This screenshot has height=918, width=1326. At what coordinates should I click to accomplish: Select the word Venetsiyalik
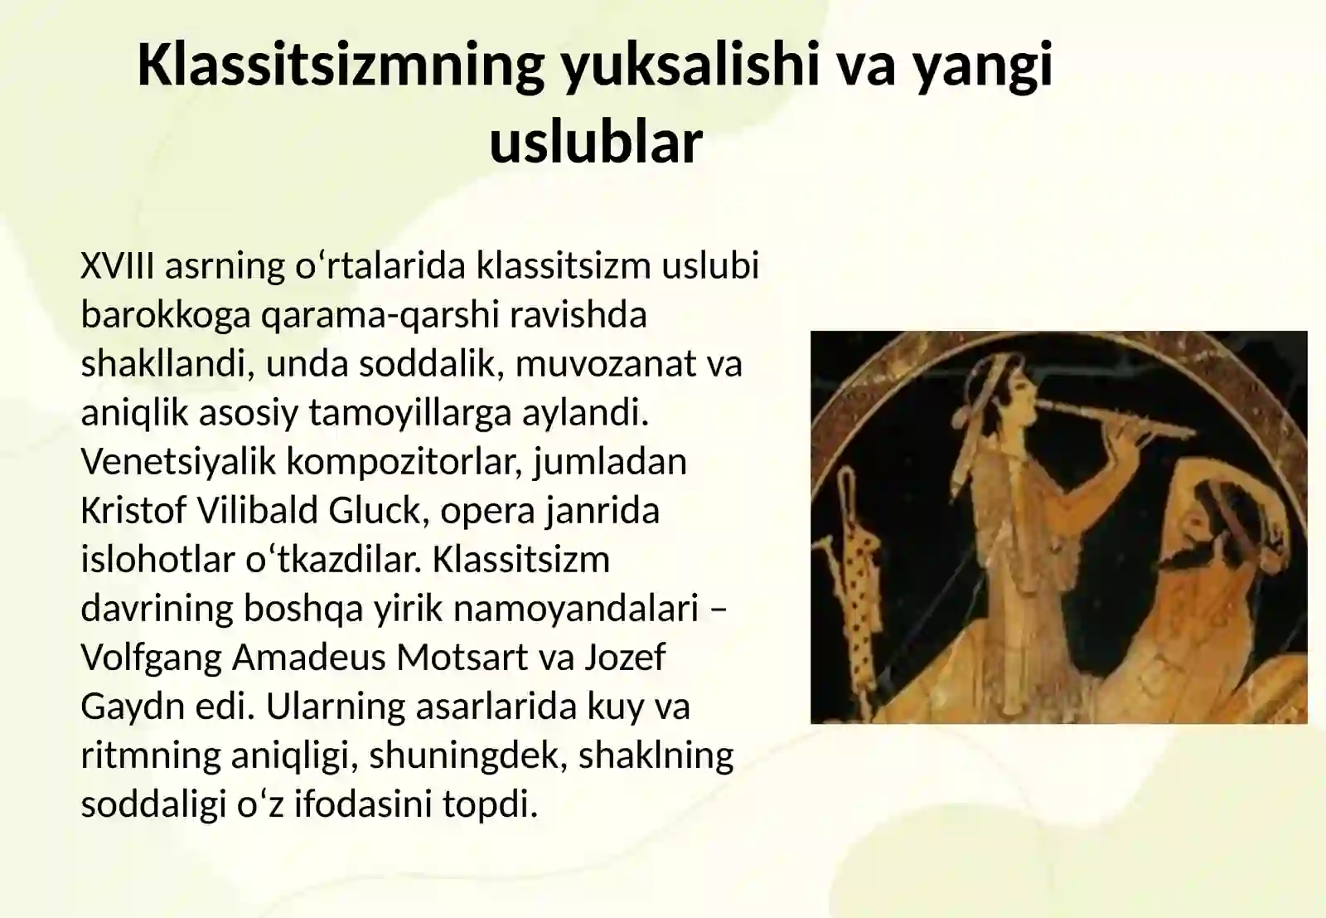pyautogui.click(x=178, y=461)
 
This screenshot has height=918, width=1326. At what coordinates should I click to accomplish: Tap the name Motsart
pyautogui.click(x=462, y=657)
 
